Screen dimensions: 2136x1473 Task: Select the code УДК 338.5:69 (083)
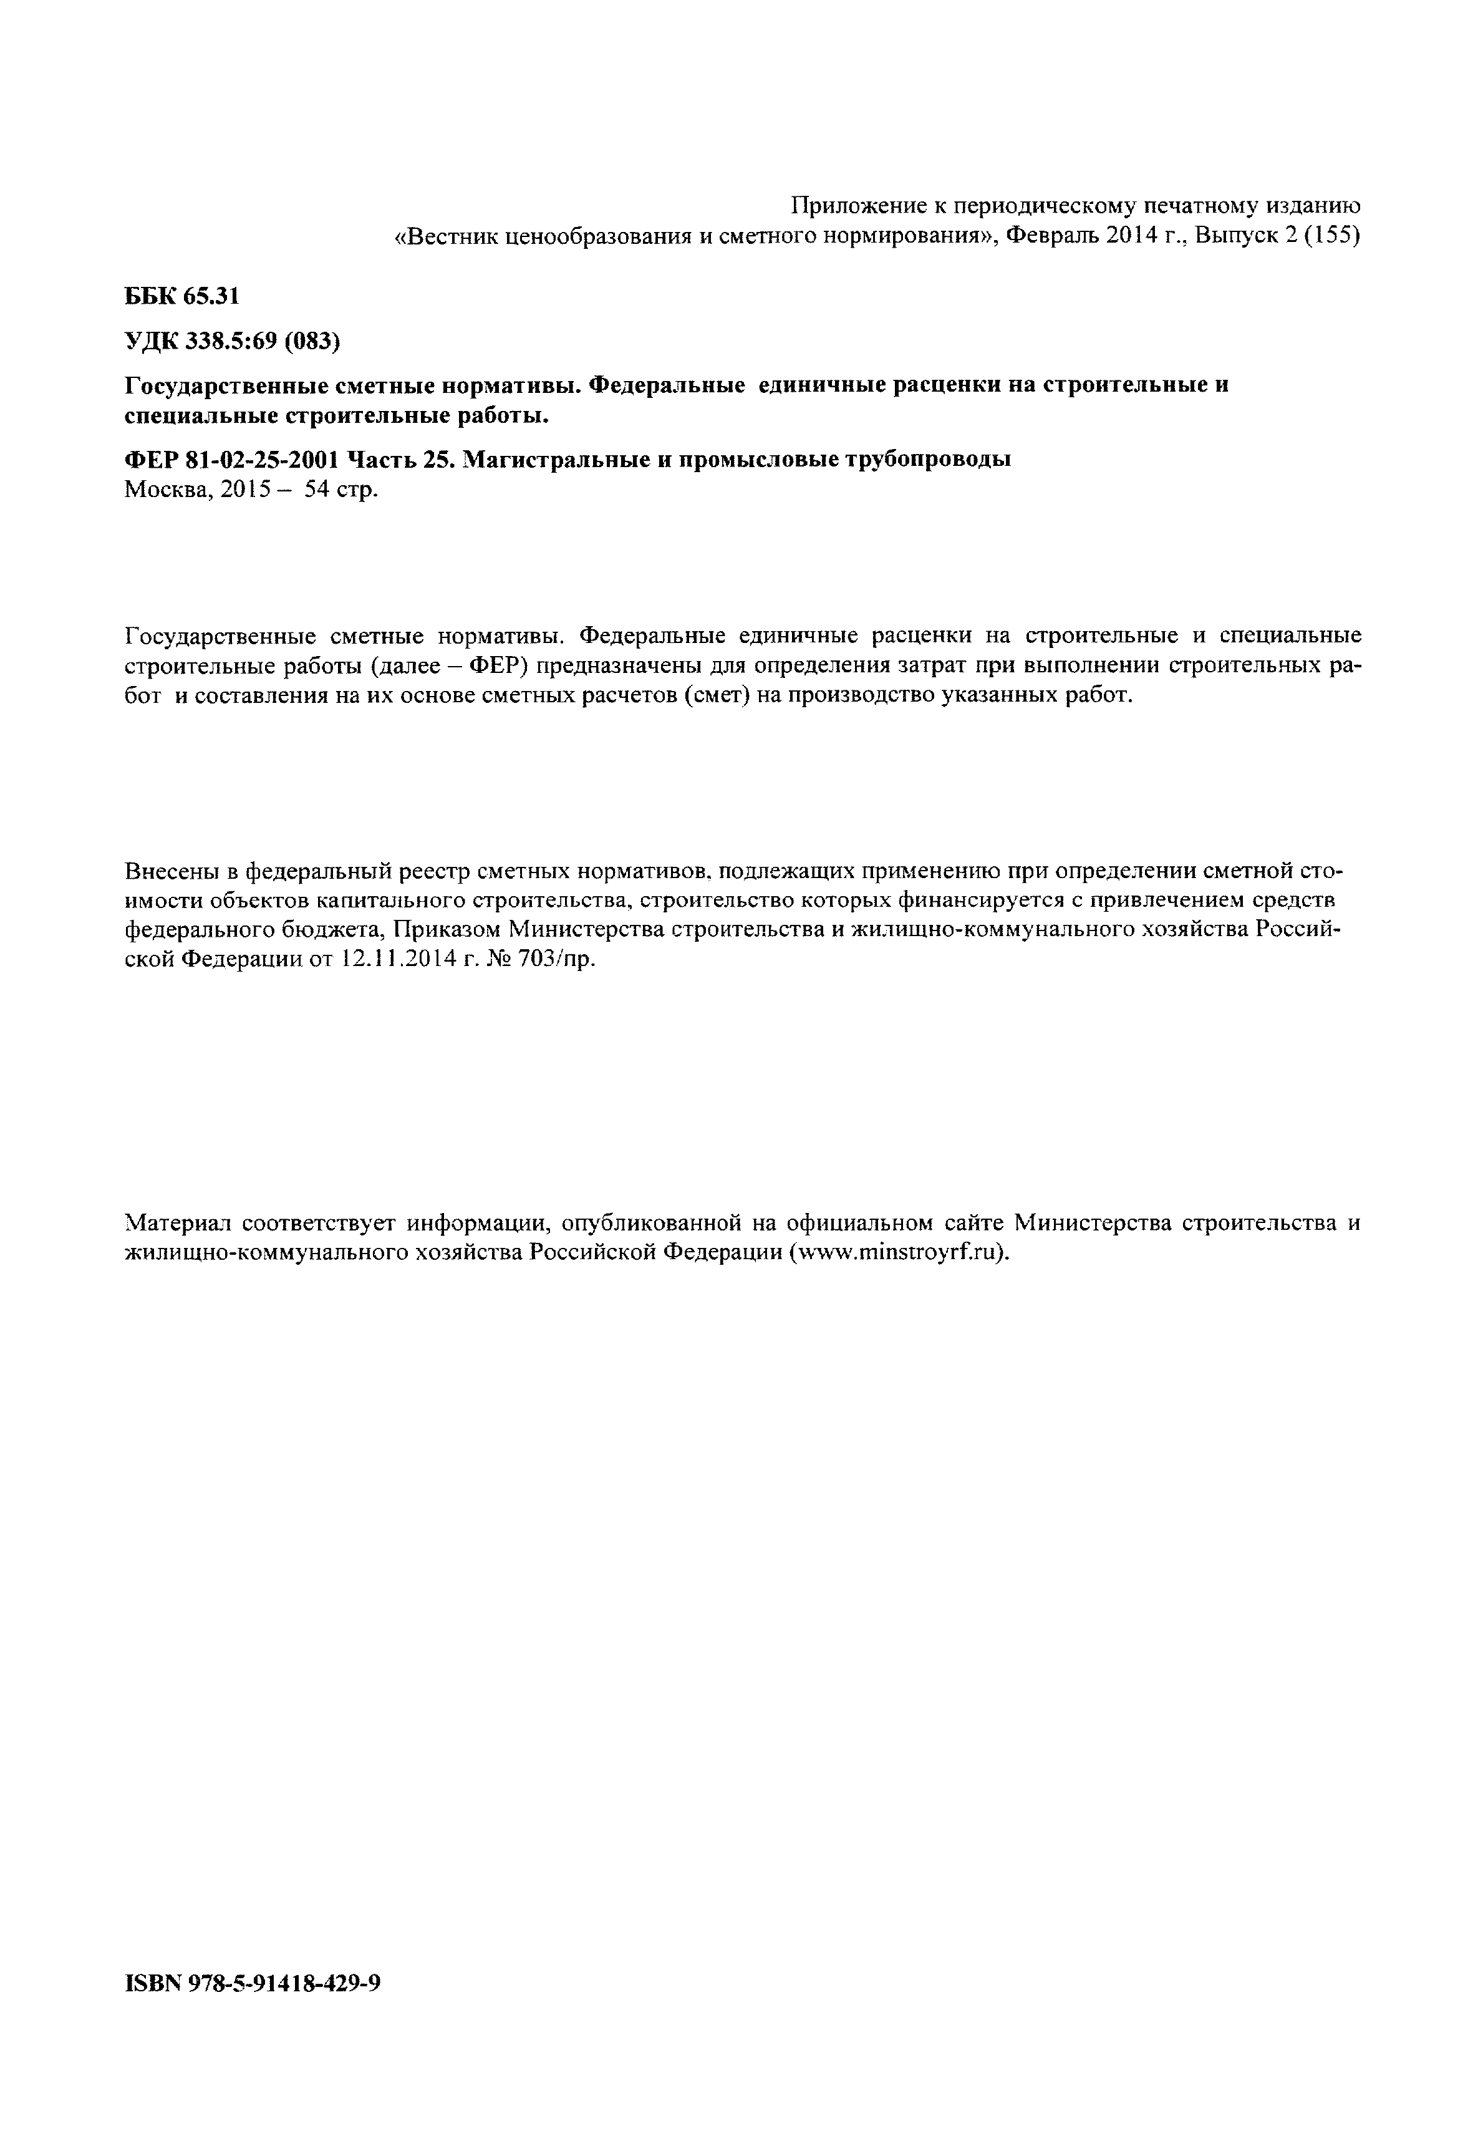coord(233,342)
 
